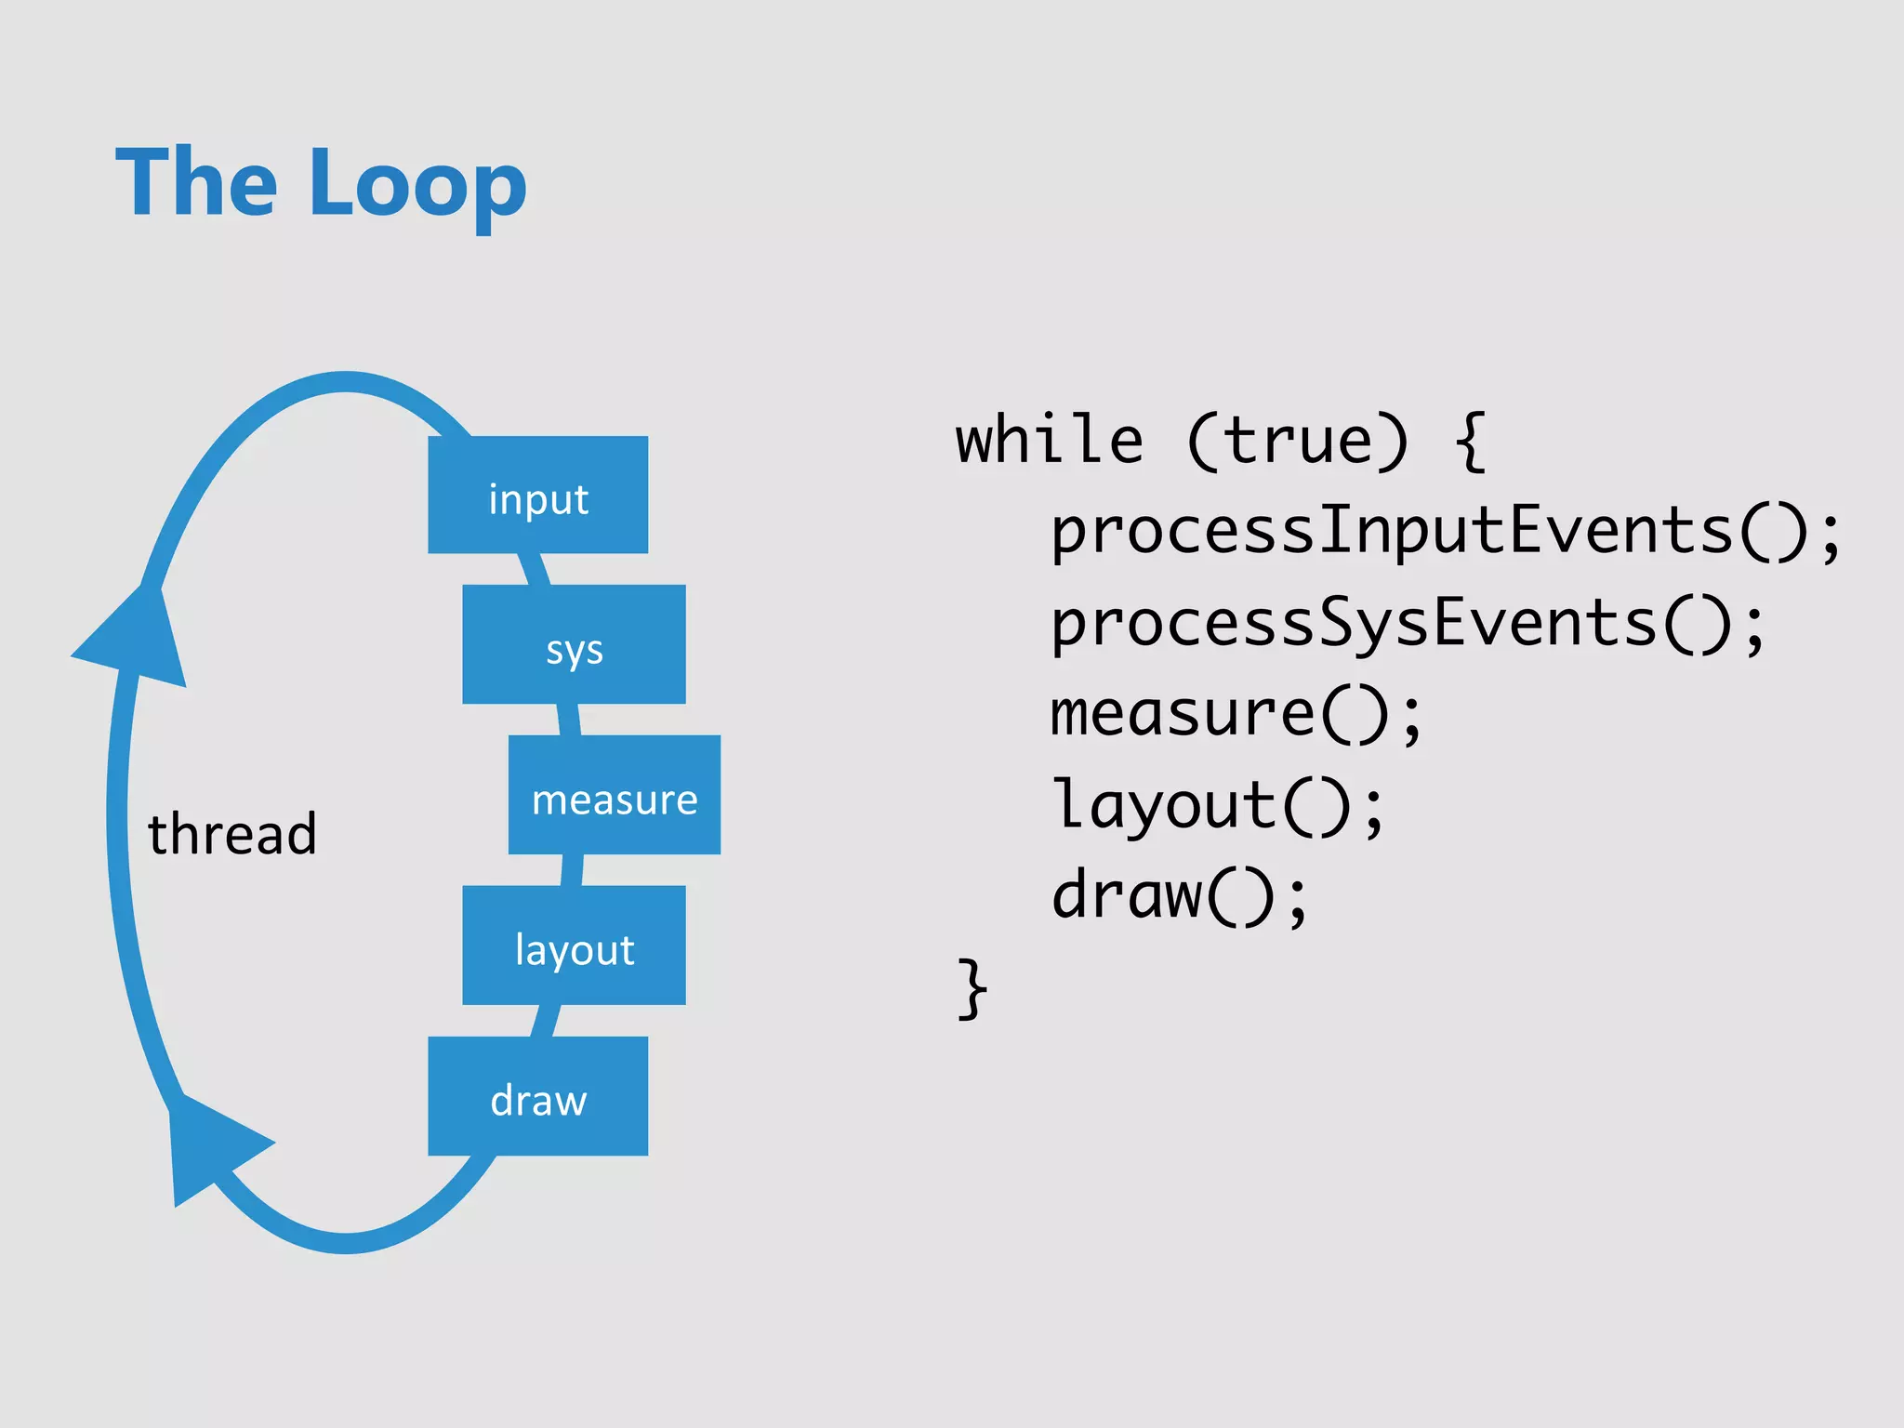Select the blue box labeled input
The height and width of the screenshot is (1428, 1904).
click(x=537, y=496)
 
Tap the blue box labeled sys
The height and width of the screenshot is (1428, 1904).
click(x=574, y=644)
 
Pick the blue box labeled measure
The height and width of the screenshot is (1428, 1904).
click(x=614, y=795)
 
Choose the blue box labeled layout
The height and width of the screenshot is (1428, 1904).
click(x=574, y=945)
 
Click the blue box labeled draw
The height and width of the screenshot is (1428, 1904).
click(x=537, y=1096)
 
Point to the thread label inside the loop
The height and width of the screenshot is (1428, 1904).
click(x=232, y=833)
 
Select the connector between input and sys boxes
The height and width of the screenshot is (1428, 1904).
click(x=534, y=569)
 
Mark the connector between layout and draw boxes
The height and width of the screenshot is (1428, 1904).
click(x=545, y=1021)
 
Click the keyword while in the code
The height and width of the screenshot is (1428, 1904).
click(x=1049, y=441)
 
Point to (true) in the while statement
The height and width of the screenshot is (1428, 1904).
click(x=1298, y=441)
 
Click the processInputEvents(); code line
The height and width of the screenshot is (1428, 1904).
click(x=1445, y=532)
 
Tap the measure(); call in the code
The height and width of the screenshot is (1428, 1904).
click(x=1236, y=714)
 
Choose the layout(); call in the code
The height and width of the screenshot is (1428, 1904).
click(x=1217, y=805)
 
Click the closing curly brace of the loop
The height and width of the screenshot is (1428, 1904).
click(x=972, y=989)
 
